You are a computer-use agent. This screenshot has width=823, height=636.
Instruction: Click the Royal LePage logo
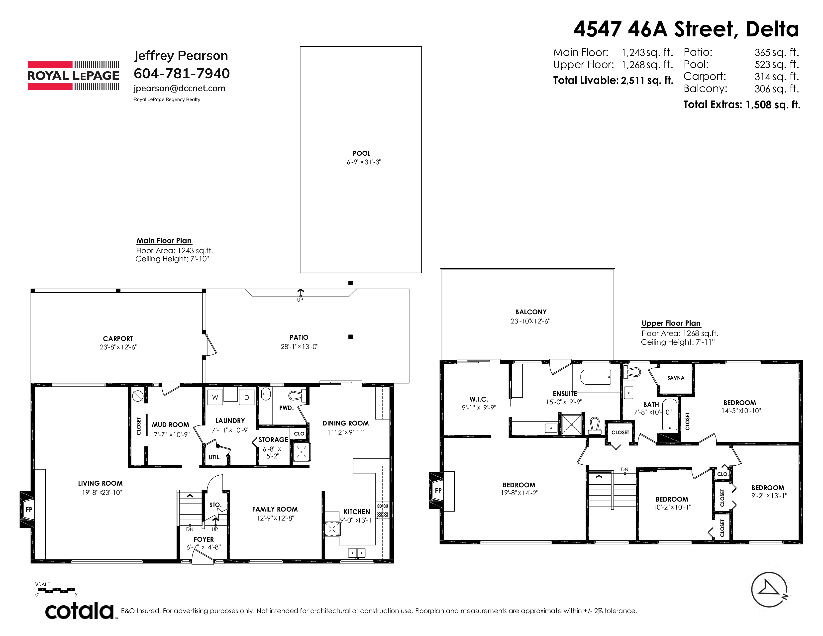pos(74,76)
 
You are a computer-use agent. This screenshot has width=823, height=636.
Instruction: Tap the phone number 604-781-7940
pos(182,74)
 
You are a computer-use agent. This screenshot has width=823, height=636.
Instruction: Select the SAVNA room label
pos(676,378)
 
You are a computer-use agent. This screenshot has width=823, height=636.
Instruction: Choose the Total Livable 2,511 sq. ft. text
pos(613,80)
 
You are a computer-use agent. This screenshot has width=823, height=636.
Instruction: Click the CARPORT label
pos(118,339)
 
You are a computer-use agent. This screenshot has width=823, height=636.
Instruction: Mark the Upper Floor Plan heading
pos(671,323)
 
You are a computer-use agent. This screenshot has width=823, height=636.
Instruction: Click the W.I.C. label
pos(479,399)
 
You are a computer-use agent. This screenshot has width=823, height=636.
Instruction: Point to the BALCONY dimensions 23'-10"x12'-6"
pos(530,321)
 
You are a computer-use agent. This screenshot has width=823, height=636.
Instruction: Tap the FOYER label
pos(204,539)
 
